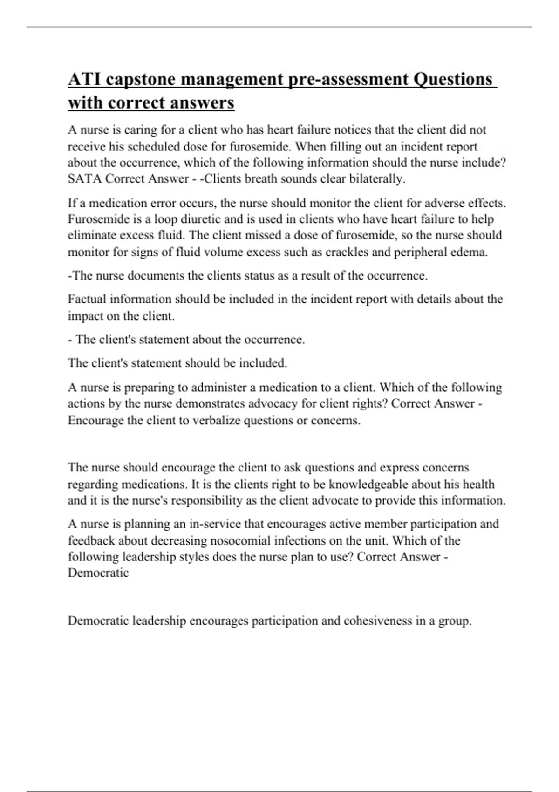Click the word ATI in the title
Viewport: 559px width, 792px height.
tap(84, 80)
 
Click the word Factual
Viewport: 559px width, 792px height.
tap(87, 299)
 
